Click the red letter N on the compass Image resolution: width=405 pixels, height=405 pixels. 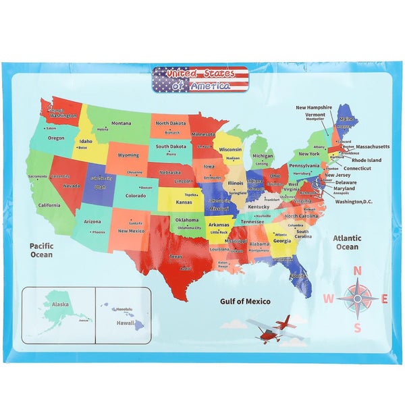click(x=358, y=271)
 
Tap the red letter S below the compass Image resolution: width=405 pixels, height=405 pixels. click(x=358, y=328)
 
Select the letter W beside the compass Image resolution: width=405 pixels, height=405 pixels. click(x=328, y=299)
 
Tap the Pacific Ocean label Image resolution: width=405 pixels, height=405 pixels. click(x=41, y=250)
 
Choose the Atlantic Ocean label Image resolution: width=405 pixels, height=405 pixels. click(x=347, y=242)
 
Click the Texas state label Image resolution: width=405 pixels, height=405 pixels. click(x=175, y=256)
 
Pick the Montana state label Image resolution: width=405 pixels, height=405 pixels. click(x=122, y=123)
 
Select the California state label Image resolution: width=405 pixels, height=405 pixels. click(x=49, y=205)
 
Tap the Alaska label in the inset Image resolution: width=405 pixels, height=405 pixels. click(x=61, y=304)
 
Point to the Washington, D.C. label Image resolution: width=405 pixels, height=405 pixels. click(x=353, y=201)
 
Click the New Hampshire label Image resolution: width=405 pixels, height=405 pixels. click(x=314, y=107)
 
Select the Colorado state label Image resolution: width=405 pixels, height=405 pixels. click(x=135, y=196)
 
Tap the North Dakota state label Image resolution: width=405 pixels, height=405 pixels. click(x=171, y=124)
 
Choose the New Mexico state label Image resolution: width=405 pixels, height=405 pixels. click(x=131, y=231)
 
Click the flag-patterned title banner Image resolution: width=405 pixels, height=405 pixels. click(x=200, y=79)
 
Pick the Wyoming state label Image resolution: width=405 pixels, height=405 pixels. click(x=128, y=155)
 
